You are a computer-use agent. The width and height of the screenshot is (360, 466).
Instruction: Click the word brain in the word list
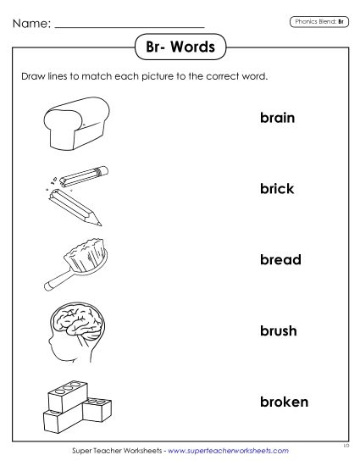(277, 118)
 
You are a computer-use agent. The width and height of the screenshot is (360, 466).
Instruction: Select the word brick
(277, 189)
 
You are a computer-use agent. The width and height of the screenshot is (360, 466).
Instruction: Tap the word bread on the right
(280, 259)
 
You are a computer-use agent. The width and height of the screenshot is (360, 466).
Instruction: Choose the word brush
(278, 330)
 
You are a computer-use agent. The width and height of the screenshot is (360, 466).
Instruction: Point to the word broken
(284, 401)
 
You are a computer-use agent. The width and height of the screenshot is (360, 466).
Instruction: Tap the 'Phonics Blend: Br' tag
(318, 20)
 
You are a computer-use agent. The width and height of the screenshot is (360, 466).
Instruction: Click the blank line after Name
(130, 25)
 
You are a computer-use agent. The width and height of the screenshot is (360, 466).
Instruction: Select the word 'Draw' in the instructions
(32, 75)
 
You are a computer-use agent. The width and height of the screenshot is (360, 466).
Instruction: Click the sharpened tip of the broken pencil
(97, 224)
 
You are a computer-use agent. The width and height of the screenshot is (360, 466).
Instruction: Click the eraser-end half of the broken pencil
(84, 173)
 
